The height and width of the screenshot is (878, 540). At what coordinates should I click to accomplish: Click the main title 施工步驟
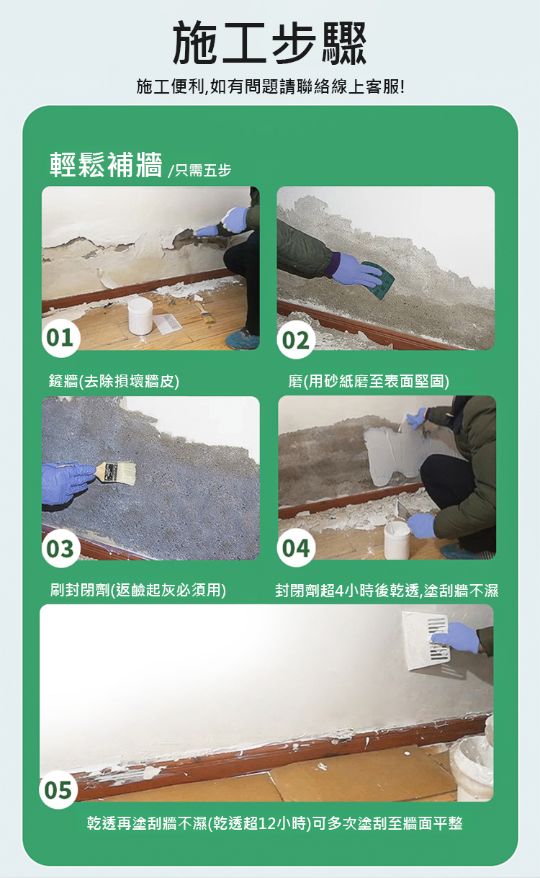(269, 42)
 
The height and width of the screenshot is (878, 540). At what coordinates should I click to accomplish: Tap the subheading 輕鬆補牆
(106, 165)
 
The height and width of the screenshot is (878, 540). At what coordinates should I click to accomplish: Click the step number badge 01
(60, 338)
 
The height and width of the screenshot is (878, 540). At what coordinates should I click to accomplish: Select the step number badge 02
(296, 339)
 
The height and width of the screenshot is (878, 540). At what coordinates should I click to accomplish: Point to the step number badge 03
(60, 548)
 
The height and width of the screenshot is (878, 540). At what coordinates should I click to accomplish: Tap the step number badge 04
(296, 547)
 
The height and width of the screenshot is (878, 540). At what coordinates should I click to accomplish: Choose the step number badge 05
(58, 789)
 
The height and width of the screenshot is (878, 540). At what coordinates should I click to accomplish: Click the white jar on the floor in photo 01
(140, 316)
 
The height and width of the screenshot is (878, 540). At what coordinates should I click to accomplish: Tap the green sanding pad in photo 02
(379, 279)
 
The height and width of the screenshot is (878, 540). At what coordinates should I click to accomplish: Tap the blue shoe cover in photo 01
(243, 339)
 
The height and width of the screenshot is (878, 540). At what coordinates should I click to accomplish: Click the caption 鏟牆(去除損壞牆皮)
(114, 380)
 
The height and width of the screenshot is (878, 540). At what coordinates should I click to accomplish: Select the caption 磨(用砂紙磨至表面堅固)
(369, 380)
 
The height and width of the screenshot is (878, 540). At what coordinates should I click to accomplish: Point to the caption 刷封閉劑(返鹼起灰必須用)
(138, 589)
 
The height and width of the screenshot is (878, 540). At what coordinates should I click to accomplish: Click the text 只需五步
(202, 171)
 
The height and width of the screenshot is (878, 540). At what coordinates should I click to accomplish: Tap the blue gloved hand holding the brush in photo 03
(68, 483)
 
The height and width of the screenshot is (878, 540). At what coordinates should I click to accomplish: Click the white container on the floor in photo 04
(397, 539)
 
